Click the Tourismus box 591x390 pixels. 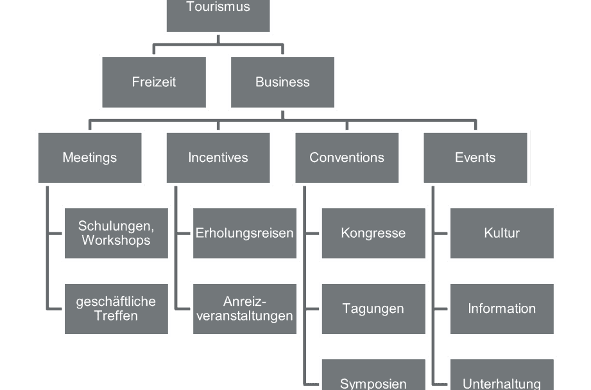(218, 16)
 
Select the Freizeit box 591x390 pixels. (154, 82)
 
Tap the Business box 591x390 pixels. (283, 82)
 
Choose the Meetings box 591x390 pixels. (90, 158)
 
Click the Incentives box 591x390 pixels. (218, 158)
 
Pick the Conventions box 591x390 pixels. (347, 158)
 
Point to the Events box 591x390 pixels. (475, 158)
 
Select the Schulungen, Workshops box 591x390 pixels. (116, 233)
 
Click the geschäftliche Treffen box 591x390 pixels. (116, 309)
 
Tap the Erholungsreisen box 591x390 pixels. (245, 233)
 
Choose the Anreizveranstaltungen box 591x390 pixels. (245, 309)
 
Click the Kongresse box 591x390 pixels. (373, 233)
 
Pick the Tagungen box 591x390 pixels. (373, 309)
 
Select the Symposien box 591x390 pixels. (373, 375)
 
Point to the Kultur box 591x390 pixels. (502, 233)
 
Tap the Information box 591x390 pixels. (502, 309)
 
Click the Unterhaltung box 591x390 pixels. (502, 375)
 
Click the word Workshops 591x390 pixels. (116, 240)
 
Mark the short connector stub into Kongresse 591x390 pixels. (312, 234)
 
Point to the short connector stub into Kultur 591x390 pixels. (441, 234)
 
